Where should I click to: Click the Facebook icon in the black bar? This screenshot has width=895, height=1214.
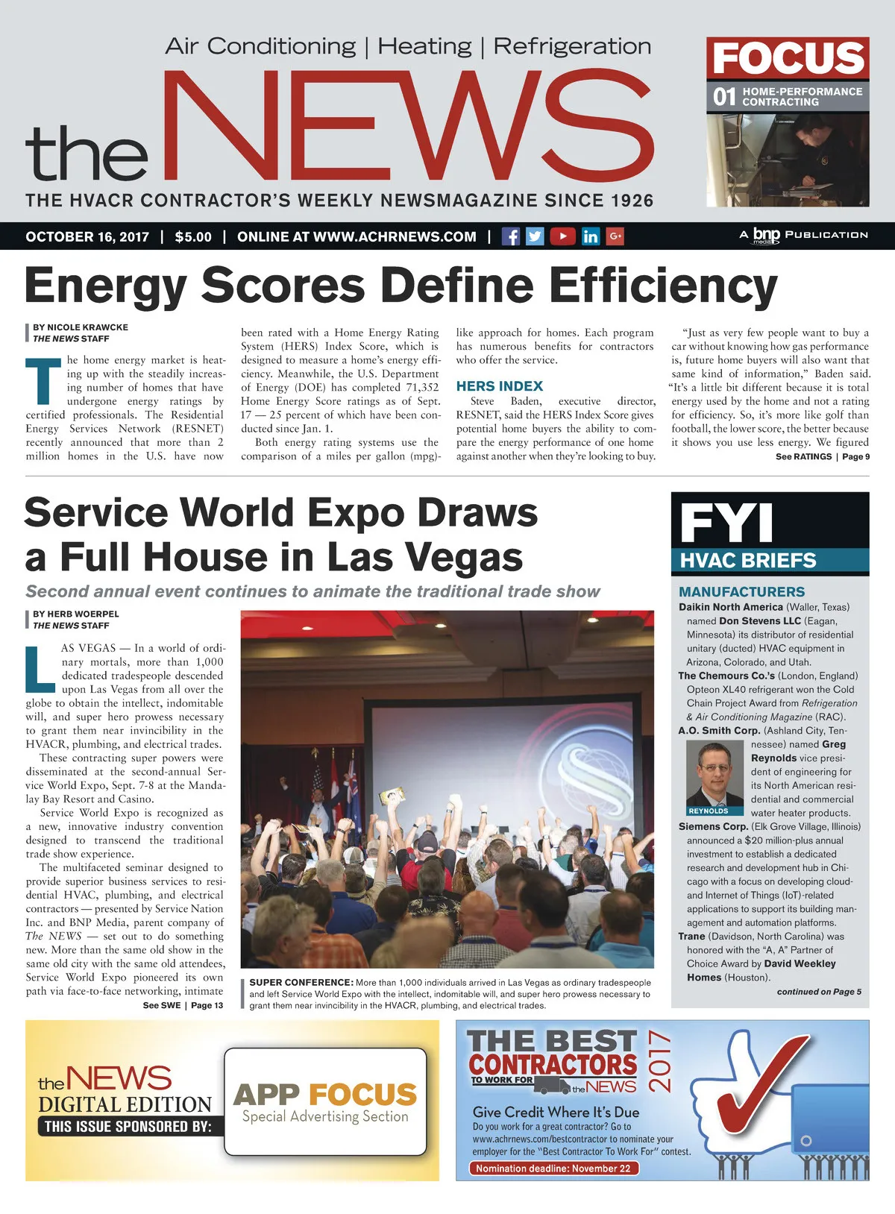click(511, 236)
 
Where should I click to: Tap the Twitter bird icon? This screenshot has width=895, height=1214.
click(535, 236)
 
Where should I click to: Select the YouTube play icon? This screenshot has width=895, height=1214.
click(562, 236)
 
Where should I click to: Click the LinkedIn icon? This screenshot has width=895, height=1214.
click(590, 236)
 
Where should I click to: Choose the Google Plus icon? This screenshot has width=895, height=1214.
click(615, 236)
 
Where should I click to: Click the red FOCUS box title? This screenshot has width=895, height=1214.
click(788, 58)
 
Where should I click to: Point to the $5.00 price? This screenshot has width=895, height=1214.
click(193, 237)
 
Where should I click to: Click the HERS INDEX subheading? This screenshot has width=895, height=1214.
click(499, 386)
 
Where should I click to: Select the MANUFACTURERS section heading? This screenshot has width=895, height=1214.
click(741, 591)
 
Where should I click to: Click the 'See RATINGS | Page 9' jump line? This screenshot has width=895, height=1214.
click(822, 456)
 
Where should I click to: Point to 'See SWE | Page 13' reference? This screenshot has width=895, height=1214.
click(183, 1005)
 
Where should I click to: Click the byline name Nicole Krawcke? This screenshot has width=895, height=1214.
click(81, 327)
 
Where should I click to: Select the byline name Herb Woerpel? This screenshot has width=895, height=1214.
click(76, 614)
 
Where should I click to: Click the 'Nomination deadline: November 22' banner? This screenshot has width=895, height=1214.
click(553, 1169)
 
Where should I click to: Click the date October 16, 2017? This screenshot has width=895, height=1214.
click(87, 237)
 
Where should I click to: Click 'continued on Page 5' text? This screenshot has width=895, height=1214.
click(818, 992)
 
